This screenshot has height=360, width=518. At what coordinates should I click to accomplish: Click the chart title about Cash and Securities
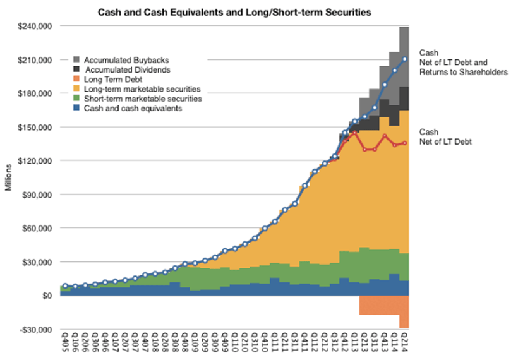click(233, 11)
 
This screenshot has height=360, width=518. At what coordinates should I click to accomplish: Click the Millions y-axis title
click(8, 179)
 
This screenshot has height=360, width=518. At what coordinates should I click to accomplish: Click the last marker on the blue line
click(404, 59)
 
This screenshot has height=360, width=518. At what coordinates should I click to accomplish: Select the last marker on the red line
click(404, 143)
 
